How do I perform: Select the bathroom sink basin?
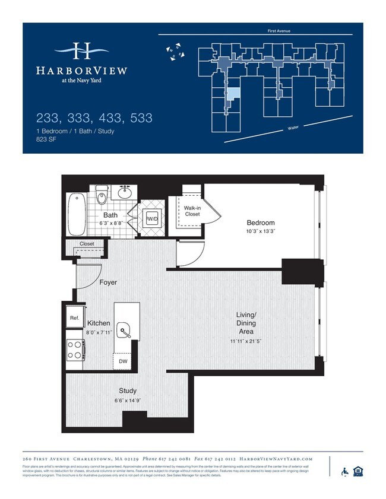pos(125,193)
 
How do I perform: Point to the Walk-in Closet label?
pos(192,211)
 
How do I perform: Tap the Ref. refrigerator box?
pos(74,317)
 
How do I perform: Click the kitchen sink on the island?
pos(124,330)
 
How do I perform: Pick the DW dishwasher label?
pos(123,361)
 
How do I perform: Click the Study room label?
pos(128,390)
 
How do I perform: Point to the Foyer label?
pos(108,282)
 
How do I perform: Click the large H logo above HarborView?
pos(81,52)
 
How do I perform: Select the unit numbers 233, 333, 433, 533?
pos(94,117)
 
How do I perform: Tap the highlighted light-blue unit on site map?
pos(235,93)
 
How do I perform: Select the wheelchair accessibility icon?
pos(344,472)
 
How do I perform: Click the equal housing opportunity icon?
pos(357,472)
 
